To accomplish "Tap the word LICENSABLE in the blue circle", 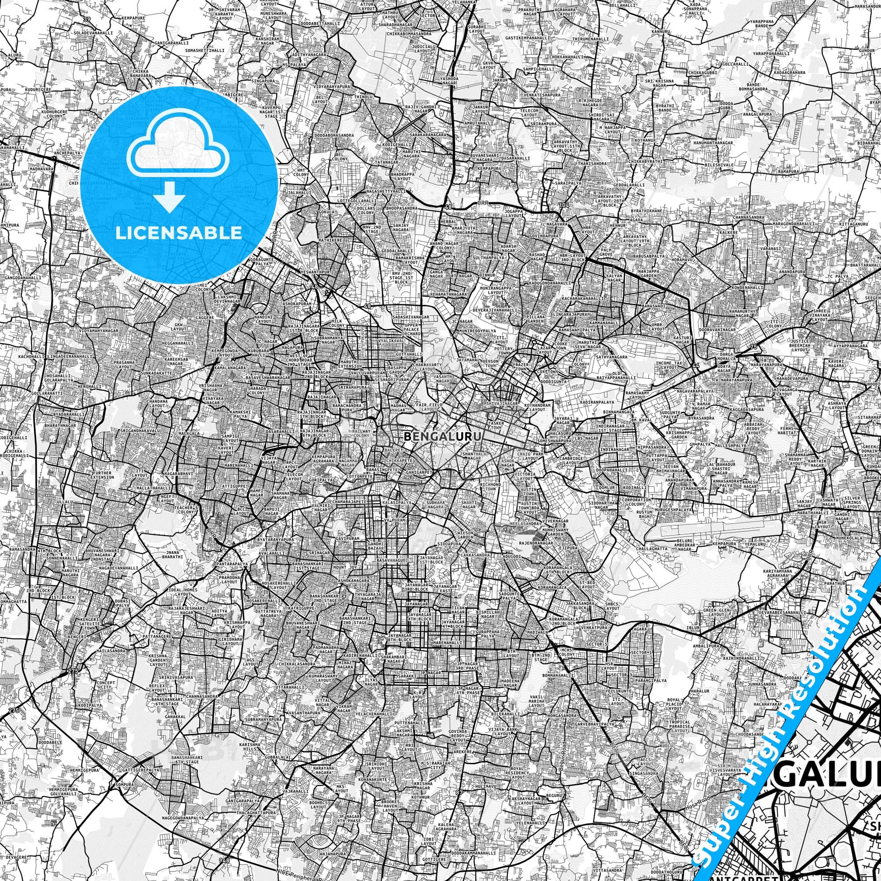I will point(179,233).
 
